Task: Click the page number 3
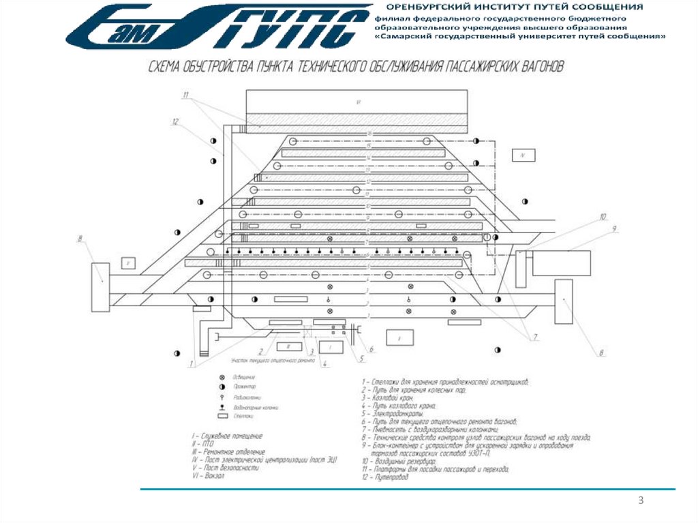tap(641, 501)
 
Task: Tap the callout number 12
tap(175, 122)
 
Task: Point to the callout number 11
tap(185, 94)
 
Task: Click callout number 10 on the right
tap(602, 218)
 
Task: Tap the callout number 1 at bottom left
tap(192, 363)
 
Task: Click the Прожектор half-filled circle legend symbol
tap(222, 387)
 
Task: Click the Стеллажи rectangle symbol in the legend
tap(222, 415)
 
